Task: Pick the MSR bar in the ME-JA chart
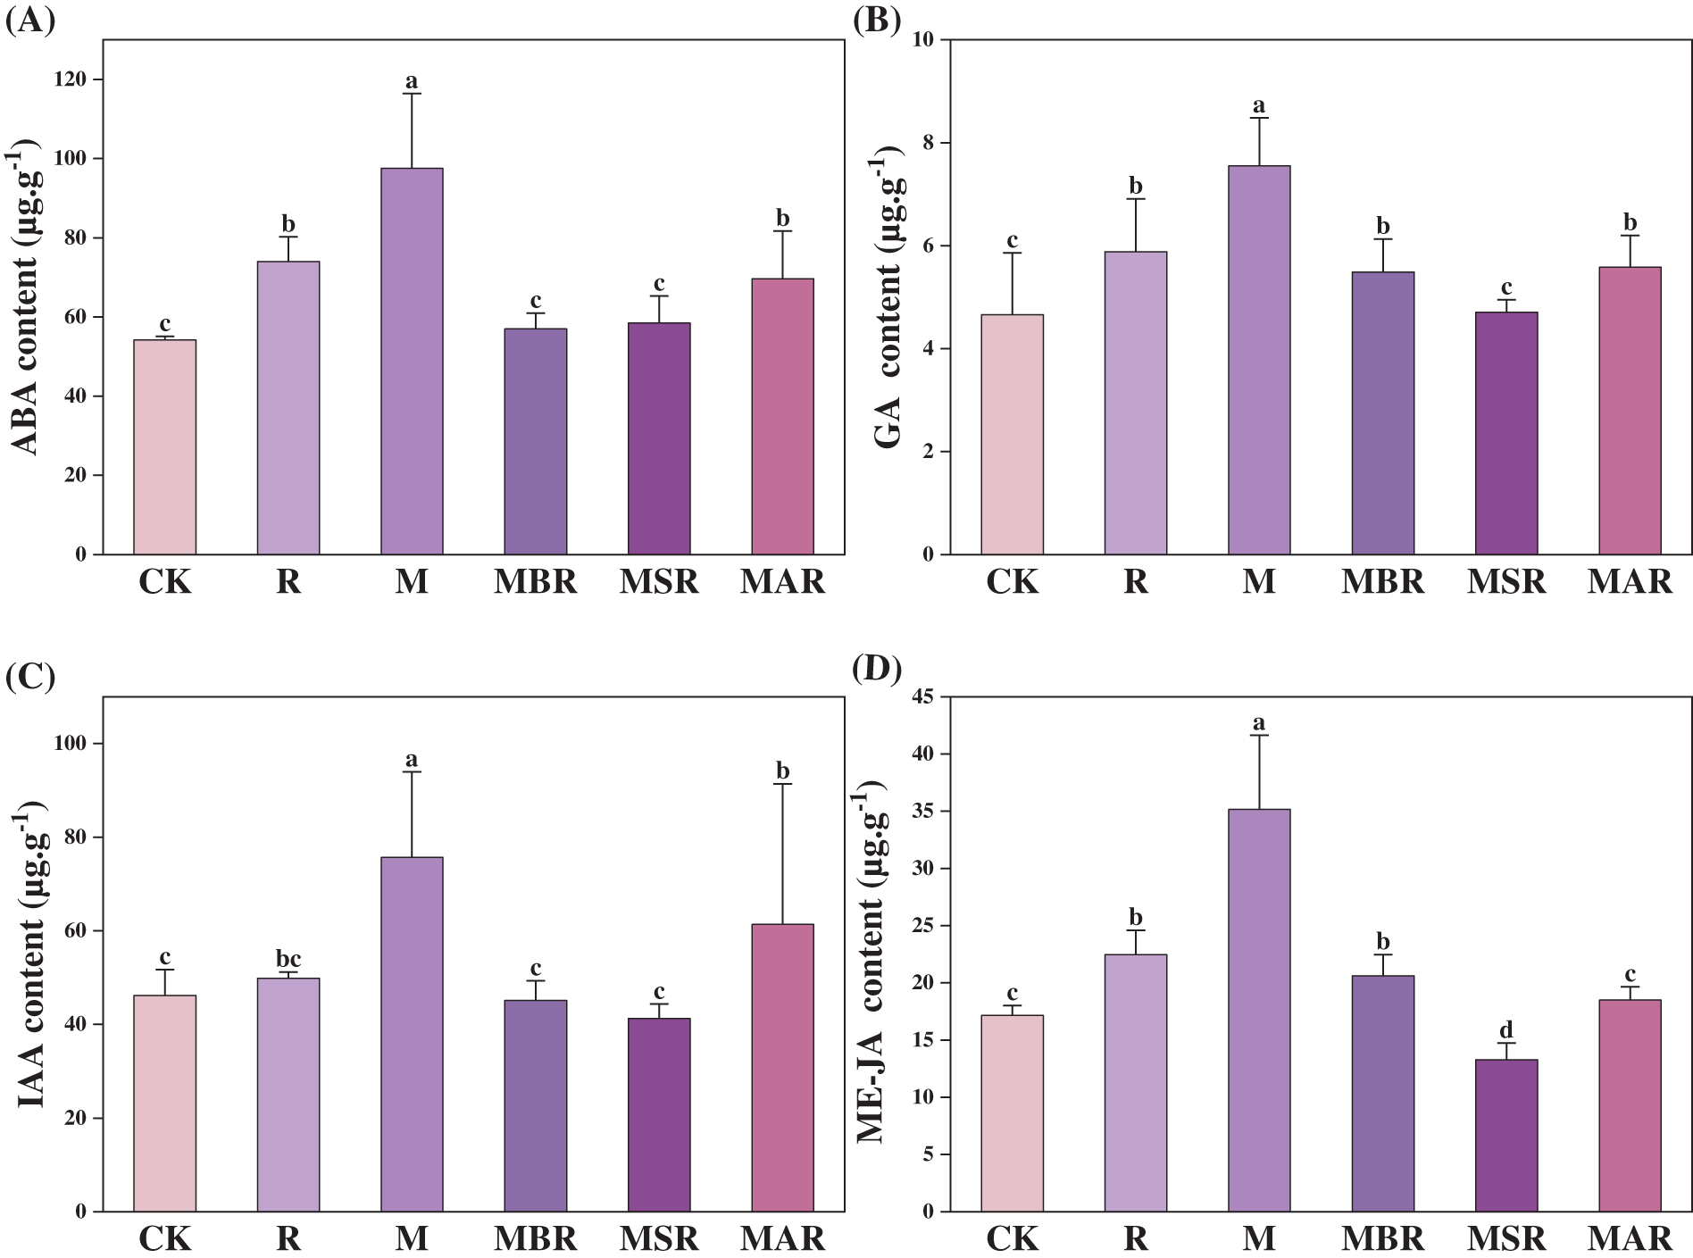point(1506,1135)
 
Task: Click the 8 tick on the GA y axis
point(928,143)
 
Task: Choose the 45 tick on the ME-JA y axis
point(923,697)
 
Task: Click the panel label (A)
point(30,20)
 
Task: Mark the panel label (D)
point(877,668)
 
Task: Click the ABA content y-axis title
point(27,299)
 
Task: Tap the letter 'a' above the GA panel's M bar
point(1259,105)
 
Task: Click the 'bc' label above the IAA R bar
point(288,959)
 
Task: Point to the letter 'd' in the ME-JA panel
point(1506,1030)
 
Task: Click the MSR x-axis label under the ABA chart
point(659,582)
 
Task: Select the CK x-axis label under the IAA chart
point(165,1239)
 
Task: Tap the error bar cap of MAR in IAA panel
point(782,784)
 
